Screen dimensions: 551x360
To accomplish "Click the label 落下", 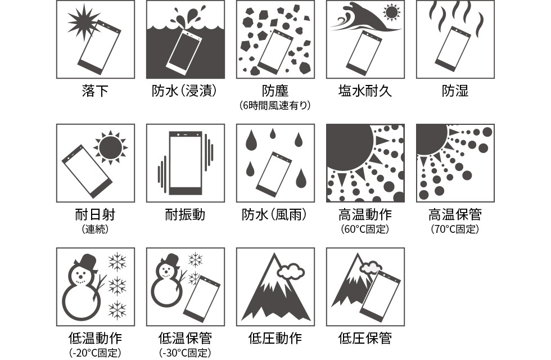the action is coord(95,91).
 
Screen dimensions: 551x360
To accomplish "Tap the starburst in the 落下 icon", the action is coord(83,22).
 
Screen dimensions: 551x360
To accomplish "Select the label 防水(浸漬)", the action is coord(185,91).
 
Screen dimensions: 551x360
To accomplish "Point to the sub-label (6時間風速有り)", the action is coord(275,105).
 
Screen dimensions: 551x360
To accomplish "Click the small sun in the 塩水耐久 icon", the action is coord(391,12).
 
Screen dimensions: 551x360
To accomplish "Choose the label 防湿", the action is coord(455,91).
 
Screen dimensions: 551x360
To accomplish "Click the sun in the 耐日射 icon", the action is coord(110,147).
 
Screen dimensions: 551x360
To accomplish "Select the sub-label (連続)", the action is coord(95,229).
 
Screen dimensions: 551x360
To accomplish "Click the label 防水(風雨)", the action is coord(275,215).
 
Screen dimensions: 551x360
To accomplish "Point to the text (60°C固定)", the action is coord(365,229).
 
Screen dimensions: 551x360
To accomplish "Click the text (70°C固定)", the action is coord(455,229).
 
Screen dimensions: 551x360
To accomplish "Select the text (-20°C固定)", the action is coord(95,353).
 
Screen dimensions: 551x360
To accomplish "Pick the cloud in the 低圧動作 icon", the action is coord(291,271).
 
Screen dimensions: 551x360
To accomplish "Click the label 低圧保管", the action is coord(365,338).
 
